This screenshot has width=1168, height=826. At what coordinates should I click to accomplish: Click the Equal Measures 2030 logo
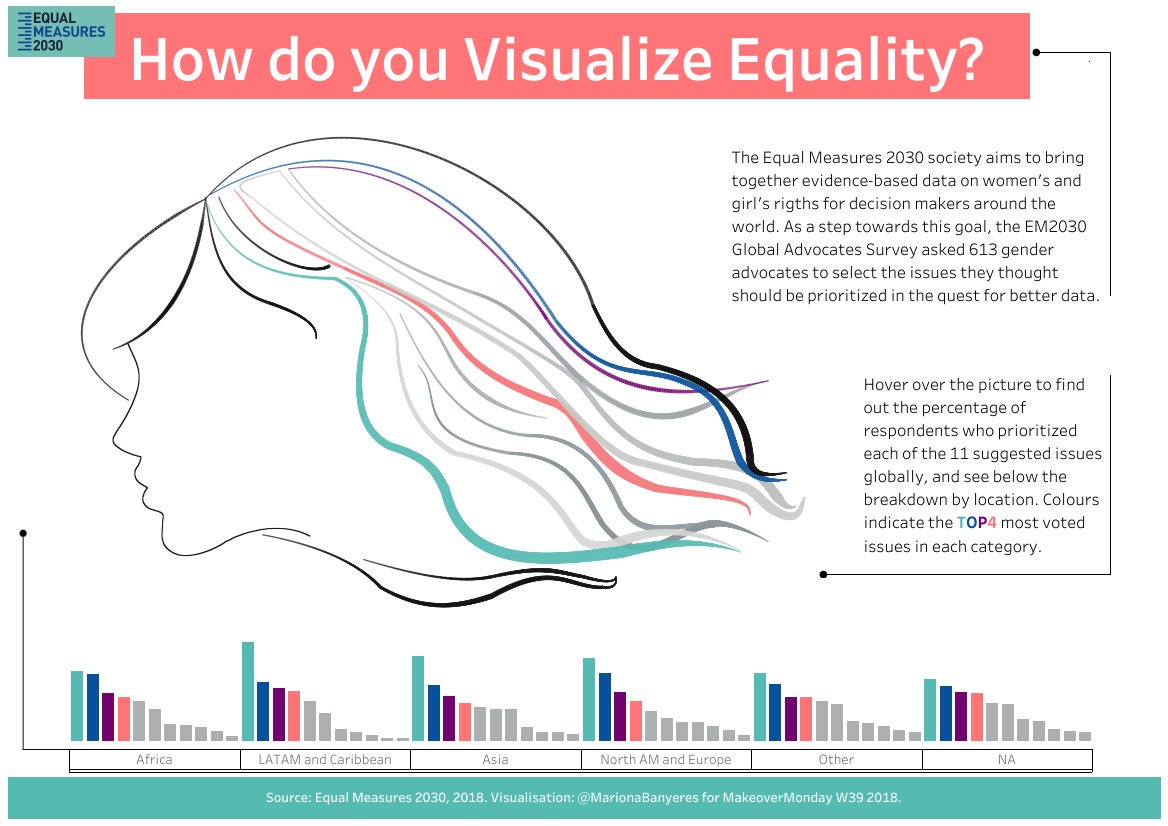(61, 31)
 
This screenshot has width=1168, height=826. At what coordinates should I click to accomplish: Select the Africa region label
(154, 759)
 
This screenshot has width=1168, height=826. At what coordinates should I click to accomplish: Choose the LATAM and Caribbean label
(325, 759)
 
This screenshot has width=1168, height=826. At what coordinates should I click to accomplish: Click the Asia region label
(495, 759)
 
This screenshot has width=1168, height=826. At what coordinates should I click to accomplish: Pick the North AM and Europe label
(665, 759)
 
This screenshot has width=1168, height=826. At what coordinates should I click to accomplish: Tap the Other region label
(836, 759)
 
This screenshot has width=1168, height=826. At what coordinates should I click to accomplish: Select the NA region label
(1006, 759)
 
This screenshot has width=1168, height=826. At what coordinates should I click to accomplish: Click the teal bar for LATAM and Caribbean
(248, 691)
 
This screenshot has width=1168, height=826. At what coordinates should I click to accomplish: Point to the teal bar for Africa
(77, 705)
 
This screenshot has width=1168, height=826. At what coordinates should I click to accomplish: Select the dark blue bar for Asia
(434, 712)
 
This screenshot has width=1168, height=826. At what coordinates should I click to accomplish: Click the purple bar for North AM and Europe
(620, 716)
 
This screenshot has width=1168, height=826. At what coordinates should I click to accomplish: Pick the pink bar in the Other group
(806, 718)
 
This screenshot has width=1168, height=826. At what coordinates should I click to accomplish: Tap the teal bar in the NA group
(930, 709)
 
